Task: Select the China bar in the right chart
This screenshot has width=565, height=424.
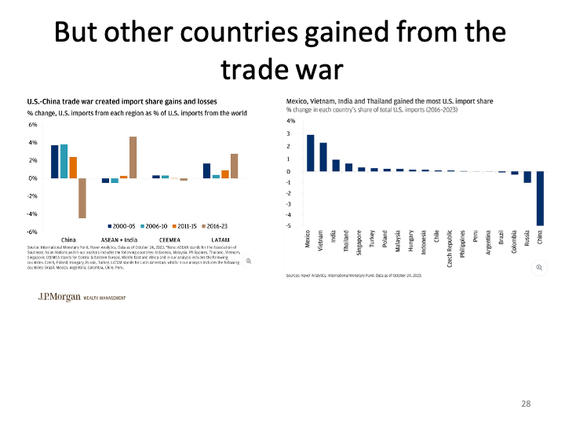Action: pyautogui.click(x=540, y=198)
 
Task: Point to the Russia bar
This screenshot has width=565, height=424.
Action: pyautogui.click(x=527, y=177)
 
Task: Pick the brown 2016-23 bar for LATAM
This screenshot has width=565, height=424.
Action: pyautogui.click(x=235, y=166)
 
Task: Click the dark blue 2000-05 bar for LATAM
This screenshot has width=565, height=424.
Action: pyautogui.click(x=206, y=170)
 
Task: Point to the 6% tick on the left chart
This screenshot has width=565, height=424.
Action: pyautogui.click(x=33, y=125)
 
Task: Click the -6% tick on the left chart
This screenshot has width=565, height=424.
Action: pyautogui.click(x=32, y=232)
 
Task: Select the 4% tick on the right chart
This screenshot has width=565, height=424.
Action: pyautogui.click(x=290, y=121)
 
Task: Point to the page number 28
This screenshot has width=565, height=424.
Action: pyautogui.click(x=527, y=403)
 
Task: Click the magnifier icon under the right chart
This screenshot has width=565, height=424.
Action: pyautogui.click(x=539, y=268)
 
